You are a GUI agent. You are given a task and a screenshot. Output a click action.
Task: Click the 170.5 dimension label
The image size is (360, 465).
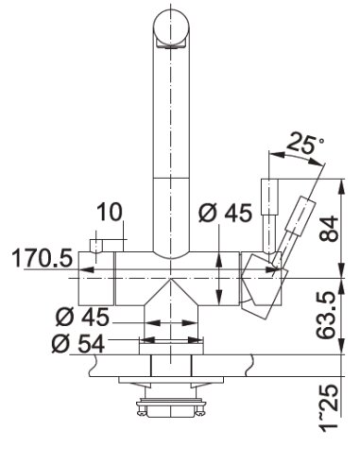point(42,258)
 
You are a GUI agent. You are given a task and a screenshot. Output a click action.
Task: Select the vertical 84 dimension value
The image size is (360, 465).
point(329,228)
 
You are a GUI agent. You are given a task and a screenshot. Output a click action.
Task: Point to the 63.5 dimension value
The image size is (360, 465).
point(326,315)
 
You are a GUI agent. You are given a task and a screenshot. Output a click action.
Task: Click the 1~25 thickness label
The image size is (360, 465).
point(328,405)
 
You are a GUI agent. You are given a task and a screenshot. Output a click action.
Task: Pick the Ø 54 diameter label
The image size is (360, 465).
point(78,343)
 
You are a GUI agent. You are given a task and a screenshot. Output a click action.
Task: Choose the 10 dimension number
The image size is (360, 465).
point(110,212)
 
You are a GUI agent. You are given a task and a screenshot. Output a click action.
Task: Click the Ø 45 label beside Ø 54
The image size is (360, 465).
point(82,317)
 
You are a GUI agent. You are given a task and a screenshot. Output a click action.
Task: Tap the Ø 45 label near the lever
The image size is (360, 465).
point(226,213)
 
